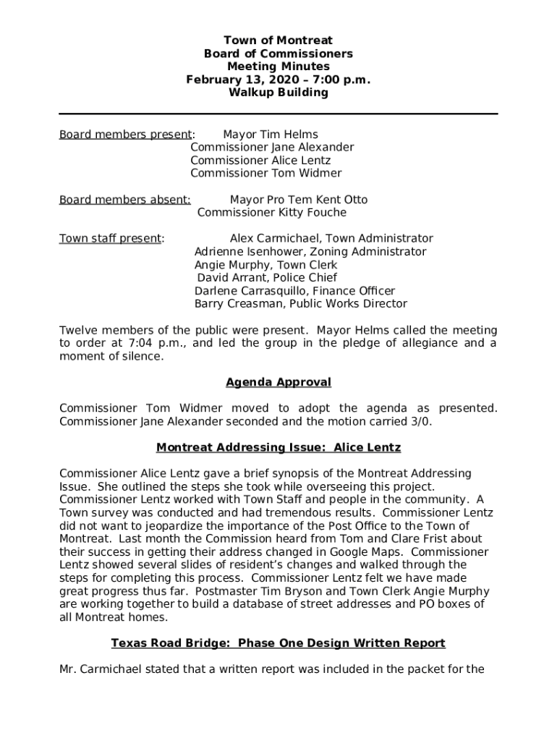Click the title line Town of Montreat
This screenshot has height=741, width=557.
(x=278, y=41)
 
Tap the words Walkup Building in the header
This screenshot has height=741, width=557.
(x=278, y=93)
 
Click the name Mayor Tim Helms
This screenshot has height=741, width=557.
(x=270, y=135)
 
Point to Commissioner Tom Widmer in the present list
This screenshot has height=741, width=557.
(x=265, y=174)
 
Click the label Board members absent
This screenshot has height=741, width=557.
(x=124, y=200)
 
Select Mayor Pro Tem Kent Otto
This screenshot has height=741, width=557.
(x=298, y=200)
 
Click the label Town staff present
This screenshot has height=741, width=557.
(x=110, y=239)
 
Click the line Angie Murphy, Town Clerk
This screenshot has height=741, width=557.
(x=265, y=265)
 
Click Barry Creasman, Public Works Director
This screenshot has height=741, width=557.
(x=300, y=304)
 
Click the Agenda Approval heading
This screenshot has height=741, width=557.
(x=278, y=382)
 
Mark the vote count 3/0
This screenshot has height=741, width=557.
(x=422, y=422)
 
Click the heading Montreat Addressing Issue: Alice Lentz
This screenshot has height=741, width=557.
(x=278, y=448)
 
